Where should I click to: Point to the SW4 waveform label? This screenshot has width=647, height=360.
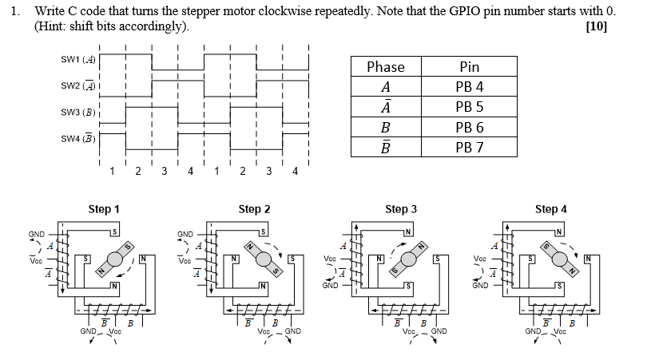pyautogui.click(x=77, y=139)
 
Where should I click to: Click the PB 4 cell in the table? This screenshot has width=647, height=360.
pyautogui.click(x=470, y=87)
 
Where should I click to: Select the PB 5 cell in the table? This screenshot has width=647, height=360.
pyautogui.click(x=470, y=107)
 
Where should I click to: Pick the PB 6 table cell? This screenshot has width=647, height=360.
pyautogui.click(x=470, y=127)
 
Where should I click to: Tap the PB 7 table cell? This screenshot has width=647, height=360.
pyautogui.click(x=470, y=147)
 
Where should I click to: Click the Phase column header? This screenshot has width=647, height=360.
pyautogui.click(x=385, y=67)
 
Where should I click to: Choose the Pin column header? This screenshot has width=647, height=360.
pyautogui.click(x=470, y=67)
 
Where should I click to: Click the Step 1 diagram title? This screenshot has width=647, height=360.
pyautogui.click(x=104, y=209)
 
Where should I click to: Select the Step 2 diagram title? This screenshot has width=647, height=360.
pyautogui.click(x=254, y=209)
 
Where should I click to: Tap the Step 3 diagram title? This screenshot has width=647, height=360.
pyautogui.click(x=401, y=209)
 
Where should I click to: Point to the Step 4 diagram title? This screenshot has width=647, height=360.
pyautogui.click(x=550, y=209)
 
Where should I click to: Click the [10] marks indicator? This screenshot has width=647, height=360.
pyautogui.click(x=596, y=26)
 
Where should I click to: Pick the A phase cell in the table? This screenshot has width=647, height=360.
pyautogui.click(x=385, y=87)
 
